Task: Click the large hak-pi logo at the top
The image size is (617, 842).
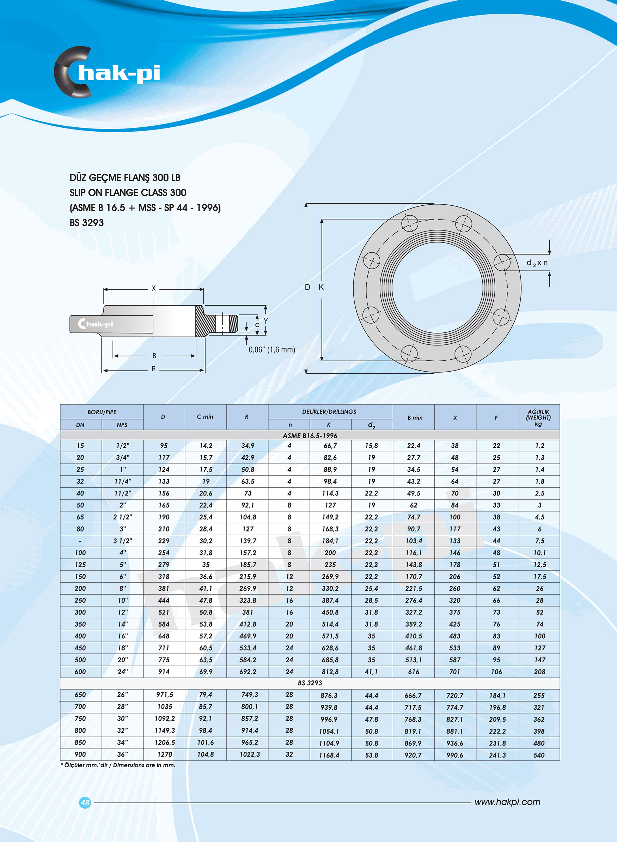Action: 107,72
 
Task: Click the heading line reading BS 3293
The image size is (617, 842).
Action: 87,223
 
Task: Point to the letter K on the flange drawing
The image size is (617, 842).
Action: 321,287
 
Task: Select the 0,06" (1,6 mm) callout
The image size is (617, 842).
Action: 272,349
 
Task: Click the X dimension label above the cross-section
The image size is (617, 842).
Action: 153,288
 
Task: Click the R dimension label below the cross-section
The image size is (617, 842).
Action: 153,369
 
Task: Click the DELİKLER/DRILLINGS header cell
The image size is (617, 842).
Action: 329,411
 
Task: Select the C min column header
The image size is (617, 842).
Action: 205,417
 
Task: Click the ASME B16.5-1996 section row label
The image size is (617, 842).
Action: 310,435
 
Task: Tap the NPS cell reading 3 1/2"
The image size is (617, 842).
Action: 122,541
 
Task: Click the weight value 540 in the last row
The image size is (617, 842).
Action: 539,755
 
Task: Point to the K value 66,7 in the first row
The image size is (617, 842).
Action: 330,445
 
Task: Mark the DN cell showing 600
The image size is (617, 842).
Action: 80,672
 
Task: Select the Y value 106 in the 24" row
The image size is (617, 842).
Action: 496,672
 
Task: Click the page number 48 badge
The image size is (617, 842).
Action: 85,802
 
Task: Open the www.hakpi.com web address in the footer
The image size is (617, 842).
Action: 507,802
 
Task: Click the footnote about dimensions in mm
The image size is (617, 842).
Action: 118,765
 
